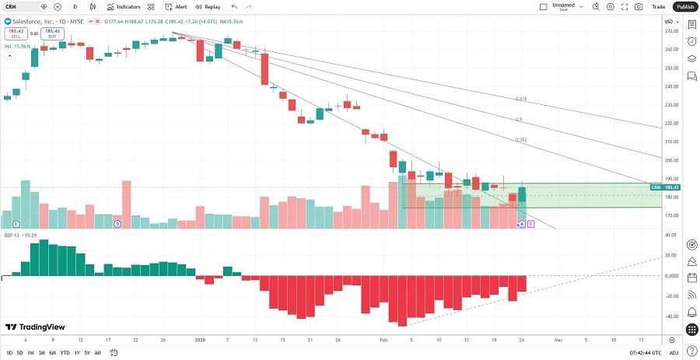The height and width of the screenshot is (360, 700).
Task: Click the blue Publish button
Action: point(684,6)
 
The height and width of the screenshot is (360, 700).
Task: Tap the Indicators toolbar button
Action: point(124,6)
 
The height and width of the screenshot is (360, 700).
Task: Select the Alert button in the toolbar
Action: point(176,6)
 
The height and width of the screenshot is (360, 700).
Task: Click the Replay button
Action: point(207,6)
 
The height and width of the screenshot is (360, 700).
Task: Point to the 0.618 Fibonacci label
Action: point(521,100)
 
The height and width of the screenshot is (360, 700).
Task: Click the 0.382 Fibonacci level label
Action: point(521,140)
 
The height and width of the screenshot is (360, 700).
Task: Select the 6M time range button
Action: point(52,353)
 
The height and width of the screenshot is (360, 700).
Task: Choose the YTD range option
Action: point(65,353)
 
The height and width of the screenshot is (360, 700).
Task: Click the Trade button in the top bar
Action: point(659,6)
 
